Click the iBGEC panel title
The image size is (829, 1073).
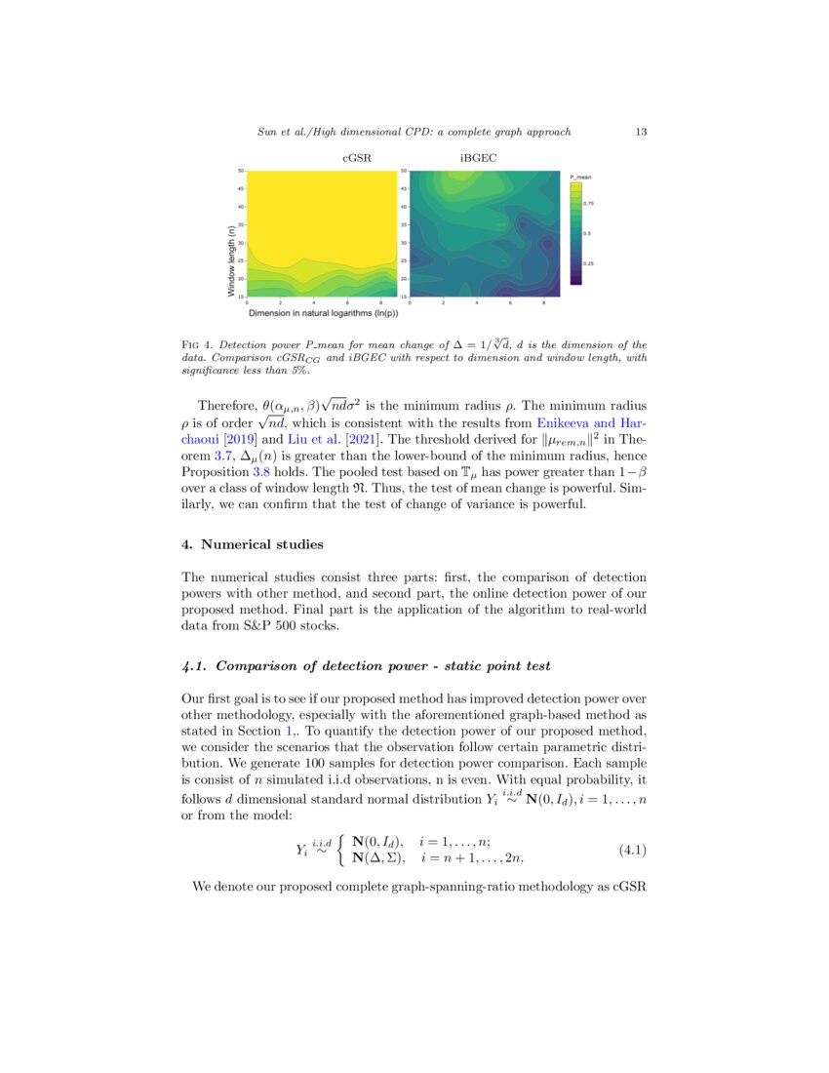click(x=477, y=157)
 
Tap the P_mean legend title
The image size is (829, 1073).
click(x=581, y=177)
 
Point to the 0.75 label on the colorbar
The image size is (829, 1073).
click(x=588, y=203)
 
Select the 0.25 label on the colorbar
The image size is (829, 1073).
click(x=588, y=263)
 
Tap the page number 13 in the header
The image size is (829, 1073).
click(x=641, y=131)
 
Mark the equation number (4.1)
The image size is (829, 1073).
click(x=633, y=850)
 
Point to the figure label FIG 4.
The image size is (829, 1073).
click(x=198, y=345)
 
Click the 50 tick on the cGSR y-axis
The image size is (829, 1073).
click(x=240, y=171)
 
